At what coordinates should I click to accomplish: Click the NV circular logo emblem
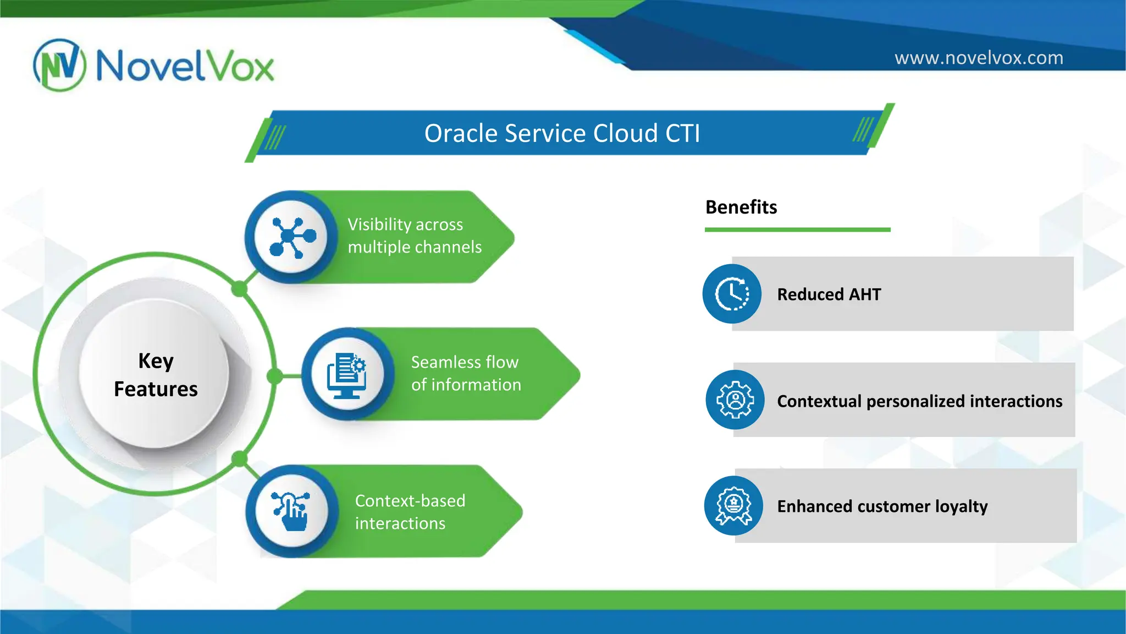[59, 65]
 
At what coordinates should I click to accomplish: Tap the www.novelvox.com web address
[979, 58]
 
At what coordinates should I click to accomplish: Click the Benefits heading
[741, 207]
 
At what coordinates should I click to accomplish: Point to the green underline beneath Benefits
[797, 229]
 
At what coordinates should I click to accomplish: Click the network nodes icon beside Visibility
[292, 237]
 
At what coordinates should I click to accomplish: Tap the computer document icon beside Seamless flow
[347, 375]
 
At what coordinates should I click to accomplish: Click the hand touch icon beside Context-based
[291, 511]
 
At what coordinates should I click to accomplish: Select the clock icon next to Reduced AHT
[732, 294]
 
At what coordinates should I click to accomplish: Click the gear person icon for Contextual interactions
[735, 400]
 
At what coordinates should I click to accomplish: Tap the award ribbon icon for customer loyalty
[733, 506]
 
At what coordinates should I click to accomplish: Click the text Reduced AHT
[829, 294]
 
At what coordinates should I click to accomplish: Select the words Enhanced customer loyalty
[882, 506]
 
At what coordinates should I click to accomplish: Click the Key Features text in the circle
[156, 375]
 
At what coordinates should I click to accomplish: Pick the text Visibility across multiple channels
[414, 236]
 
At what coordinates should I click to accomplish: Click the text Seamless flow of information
[466, 373]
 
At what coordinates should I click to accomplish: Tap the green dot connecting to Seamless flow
[275, 376]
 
